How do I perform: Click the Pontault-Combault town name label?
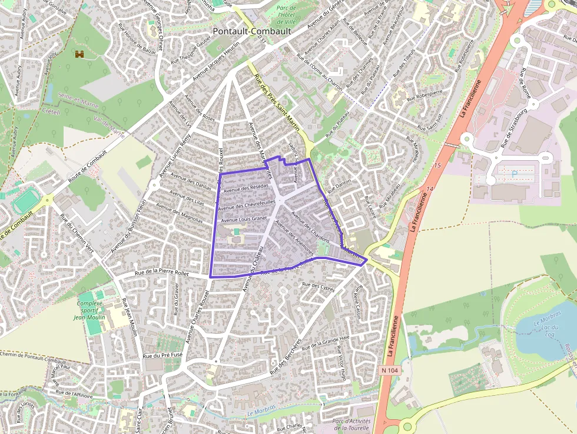(247, 31)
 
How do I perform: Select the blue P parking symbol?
(514, 174)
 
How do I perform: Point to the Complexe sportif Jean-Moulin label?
(89, 310)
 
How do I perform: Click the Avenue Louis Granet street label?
(244, 219)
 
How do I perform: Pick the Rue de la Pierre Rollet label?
(161, 273)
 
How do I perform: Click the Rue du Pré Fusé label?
(167, 355)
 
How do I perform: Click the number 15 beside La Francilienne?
(437, 166)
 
